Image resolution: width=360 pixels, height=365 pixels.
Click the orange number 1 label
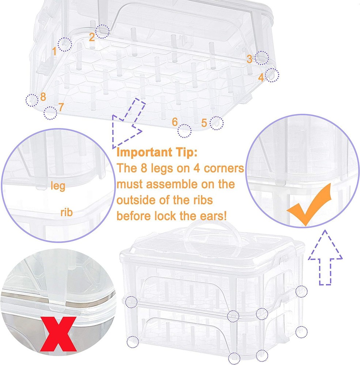(55, 51)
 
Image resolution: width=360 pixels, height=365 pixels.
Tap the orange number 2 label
(92, 36)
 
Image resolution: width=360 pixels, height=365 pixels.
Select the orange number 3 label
(249, 59)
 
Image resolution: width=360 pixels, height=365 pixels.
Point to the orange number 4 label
(261, 77)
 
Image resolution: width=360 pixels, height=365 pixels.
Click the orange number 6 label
(175, 121)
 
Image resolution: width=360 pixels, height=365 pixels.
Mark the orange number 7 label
(61, 107)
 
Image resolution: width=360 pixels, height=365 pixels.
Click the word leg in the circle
(58, 186)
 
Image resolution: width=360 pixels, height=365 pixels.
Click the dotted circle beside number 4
(272, 74)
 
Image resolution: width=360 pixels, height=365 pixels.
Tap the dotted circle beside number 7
(50, 113)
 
